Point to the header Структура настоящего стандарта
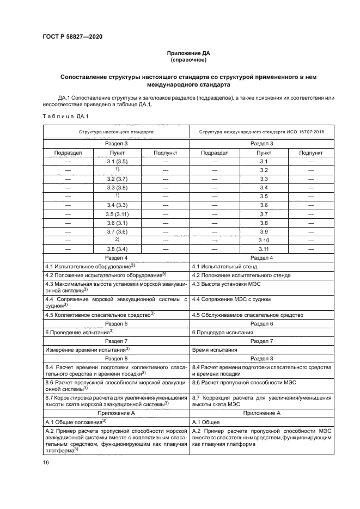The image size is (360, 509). coord(116,132)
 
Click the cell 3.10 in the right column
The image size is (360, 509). coord(264,240)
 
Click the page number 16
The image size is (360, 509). coord(46,462)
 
